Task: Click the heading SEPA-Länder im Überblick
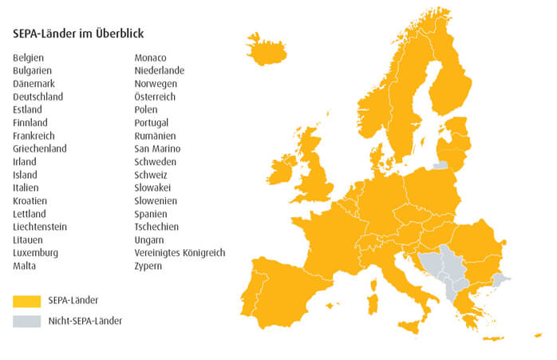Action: pos(78,34)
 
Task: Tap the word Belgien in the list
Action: pos(29,57)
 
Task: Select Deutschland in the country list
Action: pos(38,97)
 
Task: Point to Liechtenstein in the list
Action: pos(40,227)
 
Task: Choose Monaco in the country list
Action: pos(151,57)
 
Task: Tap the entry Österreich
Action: pos(155,97)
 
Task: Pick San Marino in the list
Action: pos(157,148)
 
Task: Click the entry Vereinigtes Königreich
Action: pos(180,253)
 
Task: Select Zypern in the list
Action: pos(148,266)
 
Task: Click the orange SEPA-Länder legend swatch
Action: pos(26,301)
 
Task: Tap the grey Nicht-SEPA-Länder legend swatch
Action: pos(26,321)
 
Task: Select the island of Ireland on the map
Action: pos(283,169)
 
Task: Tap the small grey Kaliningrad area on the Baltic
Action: pos(440,165)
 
